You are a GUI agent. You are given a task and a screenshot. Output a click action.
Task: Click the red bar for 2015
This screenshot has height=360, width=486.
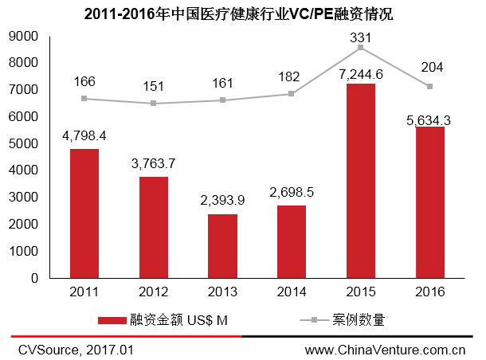pyautogui.click(x=361, y=181)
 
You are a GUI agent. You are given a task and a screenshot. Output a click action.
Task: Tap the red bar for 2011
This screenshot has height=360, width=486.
pyautogui.click(x=85, y=213)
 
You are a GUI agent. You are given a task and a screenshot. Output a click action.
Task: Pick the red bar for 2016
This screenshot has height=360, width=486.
pyautogui.click(x=430, y=202)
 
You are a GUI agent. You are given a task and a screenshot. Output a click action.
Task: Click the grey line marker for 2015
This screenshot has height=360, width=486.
pyautogui.click(x=361, y=48)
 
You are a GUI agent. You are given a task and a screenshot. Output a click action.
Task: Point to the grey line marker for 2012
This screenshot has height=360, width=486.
pyautogui.click(x=154, y=104)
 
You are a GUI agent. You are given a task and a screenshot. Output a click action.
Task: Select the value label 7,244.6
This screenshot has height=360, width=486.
pyautogui.click(x=361, y=73)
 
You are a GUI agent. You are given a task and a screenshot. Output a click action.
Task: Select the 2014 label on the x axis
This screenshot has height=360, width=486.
pyautogui.click(x=292, y=292)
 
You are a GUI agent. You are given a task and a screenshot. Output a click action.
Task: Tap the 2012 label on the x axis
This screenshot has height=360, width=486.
pyautogui.click(x=154, y=292)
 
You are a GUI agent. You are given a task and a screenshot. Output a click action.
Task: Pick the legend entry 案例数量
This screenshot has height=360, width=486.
pyautogui.click(x=359, y=320)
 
